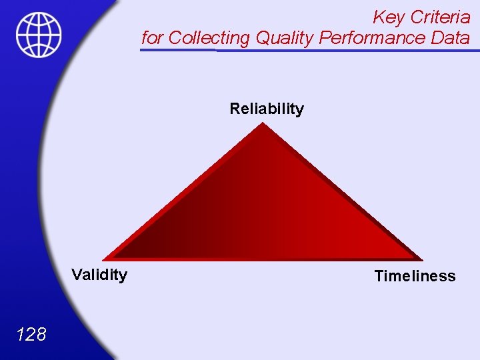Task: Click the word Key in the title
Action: tap(387, 17)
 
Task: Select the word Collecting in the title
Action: tap(209, 38)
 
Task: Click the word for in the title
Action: tap(152, 38)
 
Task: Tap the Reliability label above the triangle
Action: tap(267, 109)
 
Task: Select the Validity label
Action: tap(99, 275)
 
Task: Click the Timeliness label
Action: tap(415, 276)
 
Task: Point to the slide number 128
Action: tap(32, 334)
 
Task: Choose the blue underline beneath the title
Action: tap(310, 50)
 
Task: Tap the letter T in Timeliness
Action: tap(379, 276)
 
